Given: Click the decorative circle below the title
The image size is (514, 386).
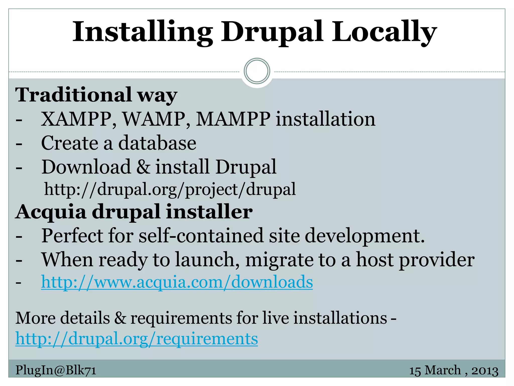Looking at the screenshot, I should [x=257, y=71].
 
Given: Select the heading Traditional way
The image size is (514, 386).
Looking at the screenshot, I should [x=96, y=95].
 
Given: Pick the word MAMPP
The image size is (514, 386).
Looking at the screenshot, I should [x=233, y=119].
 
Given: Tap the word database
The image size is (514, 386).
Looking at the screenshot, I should [x=157, y=143].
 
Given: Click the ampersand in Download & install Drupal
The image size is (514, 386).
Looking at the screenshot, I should [x=143, y=167].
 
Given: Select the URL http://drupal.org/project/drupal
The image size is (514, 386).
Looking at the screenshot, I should [x=170, y=189].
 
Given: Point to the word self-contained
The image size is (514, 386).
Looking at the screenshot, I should [x=201, y=236].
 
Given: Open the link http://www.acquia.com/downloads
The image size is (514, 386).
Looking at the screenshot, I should [x=177, y=282].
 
